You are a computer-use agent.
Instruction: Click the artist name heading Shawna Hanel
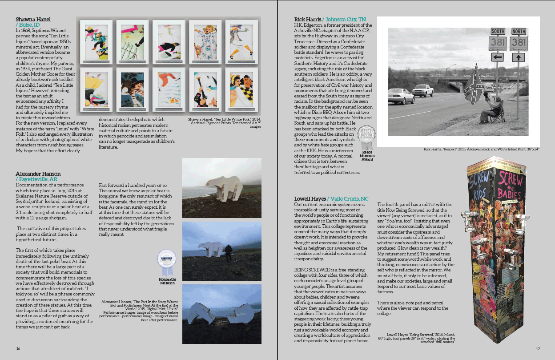coord(33,19)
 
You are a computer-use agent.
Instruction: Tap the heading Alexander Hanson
coord(38,174)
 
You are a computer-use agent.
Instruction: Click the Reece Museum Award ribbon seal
coord(367,136)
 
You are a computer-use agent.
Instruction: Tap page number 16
coord(18,348)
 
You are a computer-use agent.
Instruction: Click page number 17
coord(538,348)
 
